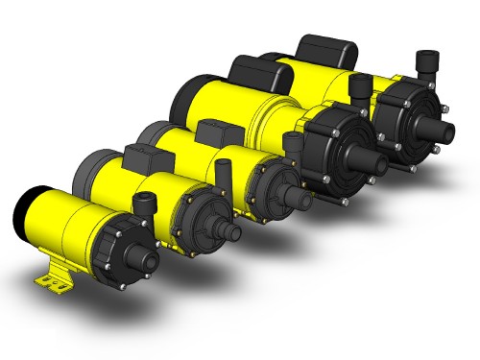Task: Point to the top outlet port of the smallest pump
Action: tap(144, 204)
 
